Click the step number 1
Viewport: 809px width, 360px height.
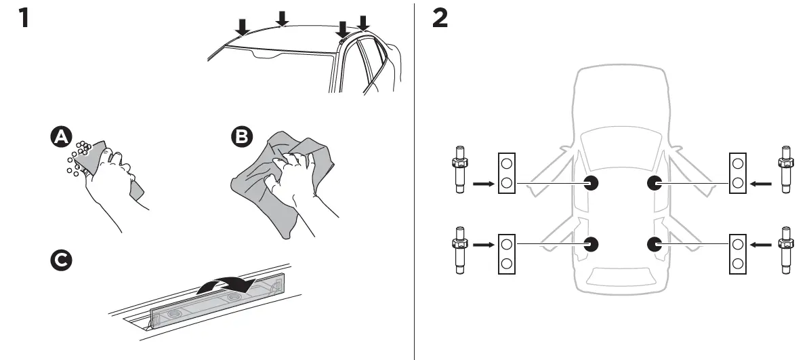tap(24, 18)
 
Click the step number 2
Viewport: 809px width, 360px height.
tap(440, 18)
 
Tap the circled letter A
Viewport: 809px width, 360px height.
tap(61, 138)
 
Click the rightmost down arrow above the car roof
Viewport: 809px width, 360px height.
tap(364, 23)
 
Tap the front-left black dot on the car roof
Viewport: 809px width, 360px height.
tap(592, 182)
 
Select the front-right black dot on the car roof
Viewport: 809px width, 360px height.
tap(655, 182)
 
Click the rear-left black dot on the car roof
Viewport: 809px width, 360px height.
tap(592, 243)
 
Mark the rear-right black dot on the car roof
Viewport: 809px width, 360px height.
tap(655, 243)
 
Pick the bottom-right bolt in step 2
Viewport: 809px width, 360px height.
tap(786, 248)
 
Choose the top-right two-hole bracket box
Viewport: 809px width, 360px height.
tap(737, 173)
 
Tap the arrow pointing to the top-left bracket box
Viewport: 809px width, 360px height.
tap(482, 183)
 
